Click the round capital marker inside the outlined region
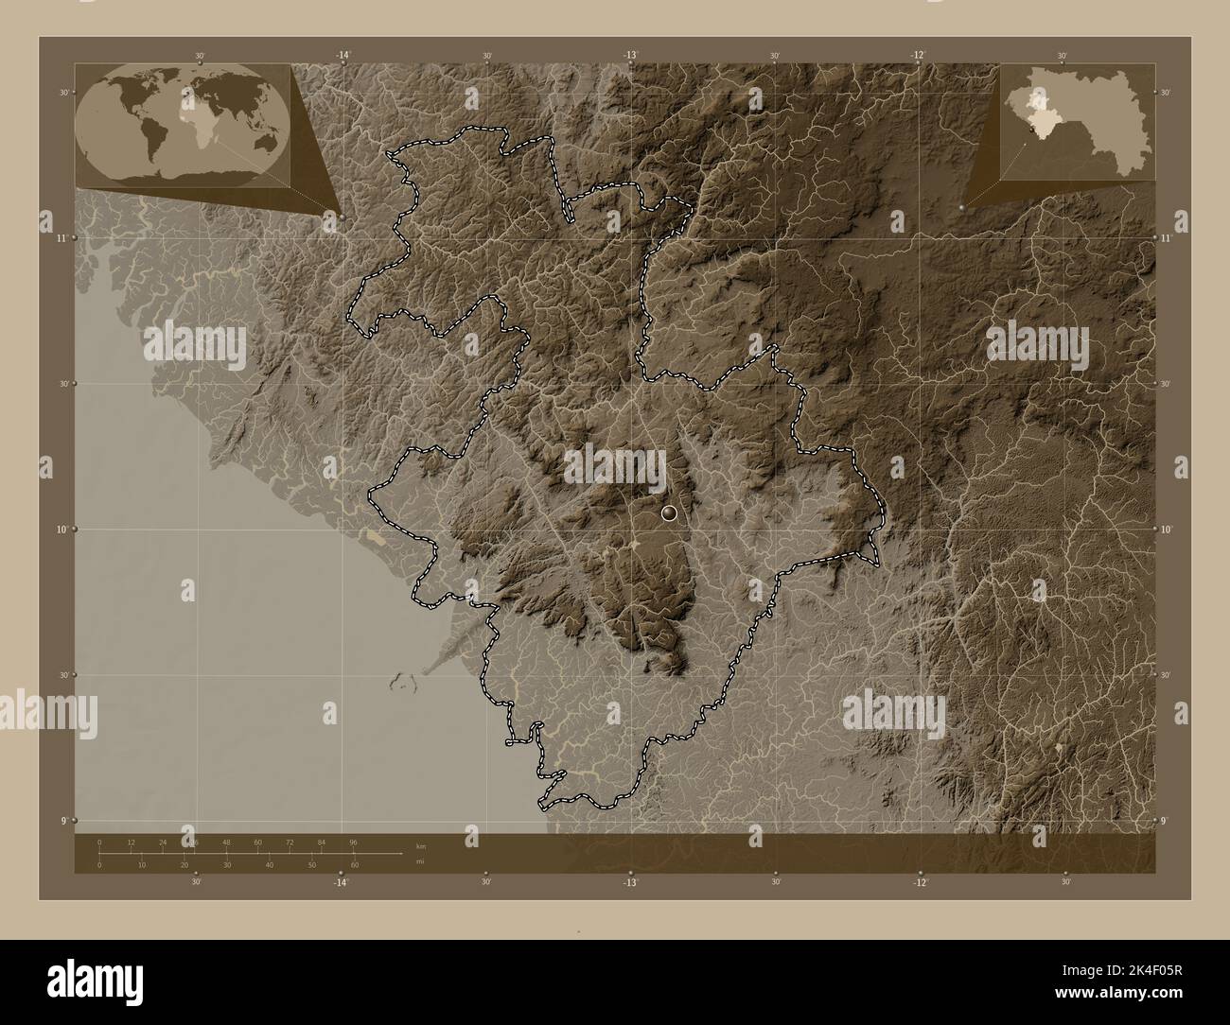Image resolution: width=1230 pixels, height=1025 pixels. (x=670, y=513)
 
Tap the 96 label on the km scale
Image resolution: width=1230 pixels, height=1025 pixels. (x=353, y=842)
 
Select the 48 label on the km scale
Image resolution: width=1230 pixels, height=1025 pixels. (x=226, y=842)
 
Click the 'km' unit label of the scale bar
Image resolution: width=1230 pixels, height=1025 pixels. (x=420, y=845)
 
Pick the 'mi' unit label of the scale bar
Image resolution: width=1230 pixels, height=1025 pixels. (x=419, y=861)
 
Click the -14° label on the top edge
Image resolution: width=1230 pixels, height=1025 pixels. (x=343, y=56)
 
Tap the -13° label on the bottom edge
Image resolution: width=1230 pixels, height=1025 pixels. (x=629, y=882)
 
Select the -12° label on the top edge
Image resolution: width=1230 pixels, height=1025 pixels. (x=917, y=56)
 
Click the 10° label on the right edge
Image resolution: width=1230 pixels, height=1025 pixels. (x=1166, y=530)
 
